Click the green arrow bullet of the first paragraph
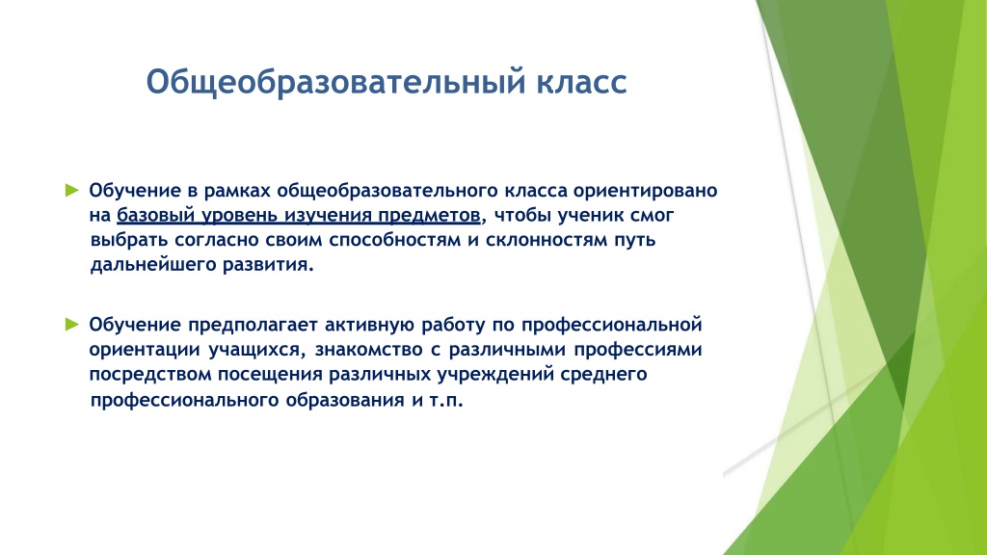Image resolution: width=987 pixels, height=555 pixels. (71, 190)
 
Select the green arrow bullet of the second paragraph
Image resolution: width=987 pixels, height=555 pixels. (71, 324)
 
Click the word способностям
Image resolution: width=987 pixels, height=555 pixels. (394, 240)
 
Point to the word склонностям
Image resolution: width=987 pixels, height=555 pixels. (547, 240)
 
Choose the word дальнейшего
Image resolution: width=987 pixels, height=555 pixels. (153, 265)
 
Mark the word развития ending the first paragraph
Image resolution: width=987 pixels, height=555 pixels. (268, 265)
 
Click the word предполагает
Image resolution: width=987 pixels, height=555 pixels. (253, 325)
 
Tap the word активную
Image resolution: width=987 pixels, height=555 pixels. (369, 325)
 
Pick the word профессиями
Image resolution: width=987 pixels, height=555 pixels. (638, 350)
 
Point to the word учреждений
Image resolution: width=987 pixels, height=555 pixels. (488, 375)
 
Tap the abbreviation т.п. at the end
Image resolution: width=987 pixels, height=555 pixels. (446, 400)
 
